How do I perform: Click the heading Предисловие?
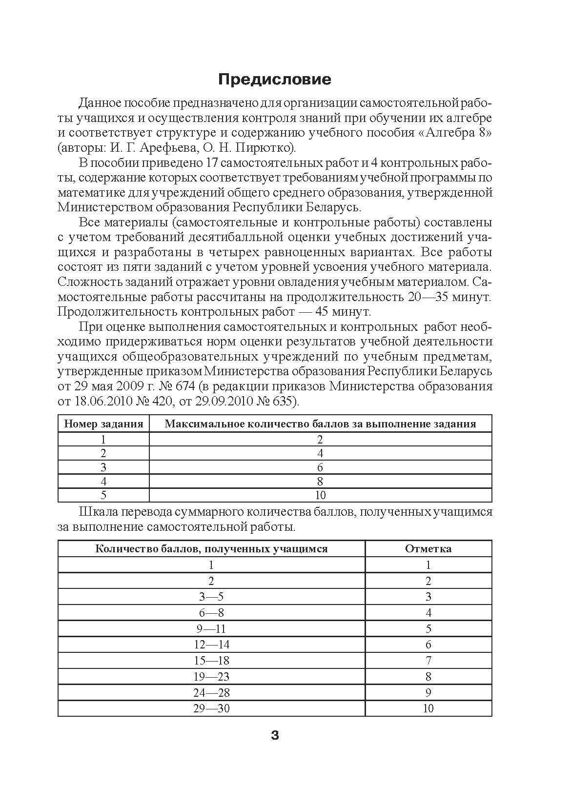(275, 80)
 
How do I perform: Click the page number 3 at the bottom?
(275, 735)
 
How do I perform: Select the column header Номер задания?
(103, 424)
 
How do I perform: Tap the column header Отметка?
(428, 548)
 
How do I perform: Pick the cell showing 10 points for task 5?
(320, 495)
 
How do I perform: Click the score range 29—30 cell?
(211, 708)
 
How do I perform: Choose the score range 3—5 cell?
(211, 597)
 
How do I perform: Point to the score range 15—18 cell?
(211, 661)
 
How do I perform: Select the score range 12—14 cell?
(211, 645)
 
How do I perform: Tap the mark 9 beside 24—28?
(428, 692)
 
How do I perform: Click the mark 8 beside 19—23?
(428, 677)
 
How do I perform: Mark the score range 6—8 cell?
(211, 613)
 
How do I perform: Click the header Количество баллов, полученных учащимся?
(211, 548)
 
